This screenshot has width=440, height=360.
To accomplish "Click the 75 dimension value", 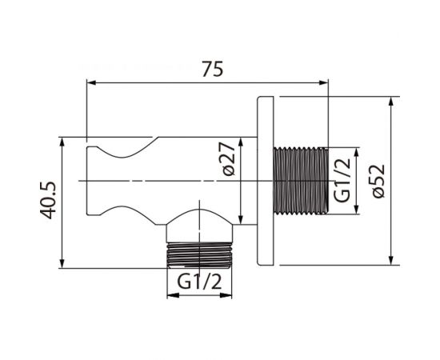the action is pos(213,69).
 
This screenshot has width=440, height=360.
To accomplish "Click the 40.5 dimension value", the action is pos(48,200).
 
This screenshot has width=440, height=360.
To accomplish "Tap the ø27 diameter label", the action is pos(229,159).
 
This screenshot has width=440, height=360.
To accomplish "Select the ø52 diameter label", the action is pos(378,181).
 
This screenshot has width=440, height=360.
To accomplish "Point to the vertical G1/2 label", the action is pos(342,180).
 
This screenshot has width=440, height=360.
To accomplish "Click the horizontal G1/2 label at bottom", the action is pos(199,282).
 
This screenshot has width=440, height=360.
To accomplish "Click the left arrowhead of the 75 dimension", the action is pos(92,82).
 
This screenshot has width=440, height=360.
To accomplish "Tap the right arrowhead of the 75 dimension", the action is pos(323,82).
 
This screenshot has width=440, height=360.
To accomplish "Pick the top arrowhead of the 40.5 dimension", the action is pos(62,142).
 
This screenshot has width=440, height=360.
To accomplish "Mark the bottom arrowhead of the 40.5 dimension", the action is pos(62,263).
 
